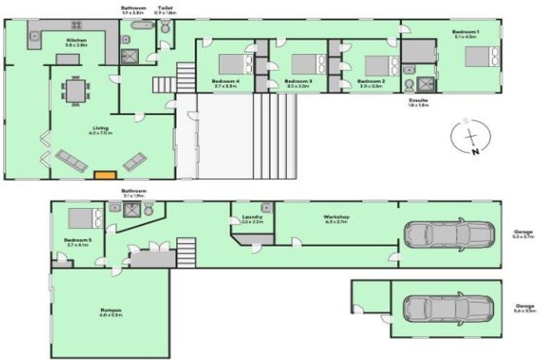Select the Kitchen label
(x=77, y=41)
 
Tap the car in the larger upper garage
(x=444, y=234)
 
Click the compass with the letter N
(x=470, y=136)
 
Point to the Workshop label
(x=336, y=217)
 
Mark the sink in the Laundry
(x=266, y=208)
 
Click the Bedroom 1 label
(x=465, y=32)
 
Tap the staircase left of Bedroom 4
(x=186, y=72)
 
